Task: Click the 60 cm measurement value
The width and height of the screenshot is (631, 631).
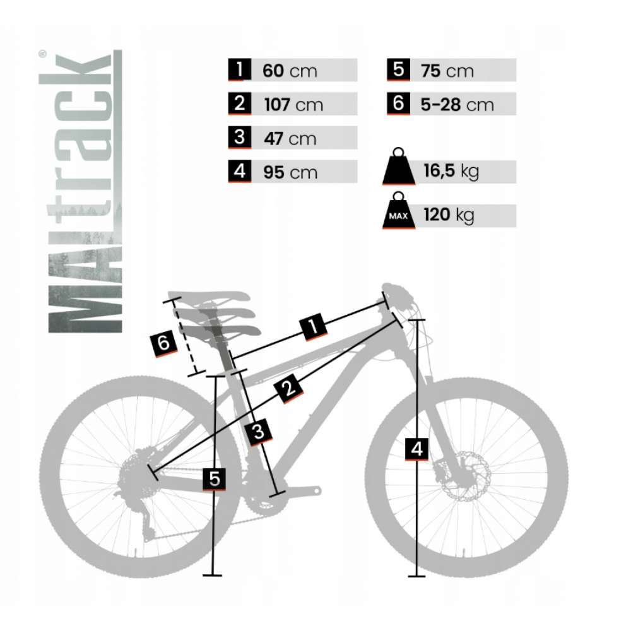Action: (290, 71)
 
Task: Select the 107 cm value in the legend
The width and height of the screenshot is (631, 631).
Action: (293, 105)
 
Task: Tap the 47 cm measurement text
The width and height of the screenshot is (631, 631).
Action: (290, 138)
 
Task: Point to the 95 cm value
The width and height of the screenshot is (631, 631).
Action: (290, 172)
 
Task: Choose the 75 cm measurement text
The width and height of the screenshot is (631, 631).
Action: (447, 71)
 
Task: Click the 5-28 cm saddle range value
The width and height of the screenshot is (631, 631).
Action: (457, 105)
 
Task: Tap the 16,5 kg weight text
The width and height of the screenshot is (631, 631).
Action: (451, 171)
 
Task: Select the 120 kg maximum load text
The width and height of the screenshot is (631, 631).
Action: (449, 215)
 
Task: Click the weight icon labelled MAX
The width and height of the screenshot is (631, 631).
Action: (398, 211)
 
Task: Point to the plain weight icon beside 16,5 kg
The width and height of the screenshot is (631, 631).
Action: (398, 167)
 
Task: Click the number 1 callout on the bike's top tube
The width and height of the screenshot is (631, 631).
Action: (314, 326)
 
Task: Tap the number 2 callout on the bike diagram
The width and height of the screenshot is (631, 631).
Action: (288, 388)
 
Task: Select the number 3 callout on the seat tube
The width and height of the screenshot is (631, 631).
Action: (258, 432)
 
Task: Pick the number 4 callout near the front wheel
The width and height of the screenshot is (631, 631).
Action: (416, 449)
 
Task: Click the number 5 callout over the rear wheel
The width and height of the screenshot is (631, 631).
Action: (214, 479)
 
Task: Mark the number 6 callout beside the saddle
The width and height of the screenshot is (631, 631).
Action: (163, 343)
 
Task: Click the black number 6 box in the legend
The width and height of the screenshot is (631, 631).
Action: (398, 103)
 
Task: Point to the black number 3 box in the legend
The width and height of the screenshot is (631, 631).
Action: (239, 137)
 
